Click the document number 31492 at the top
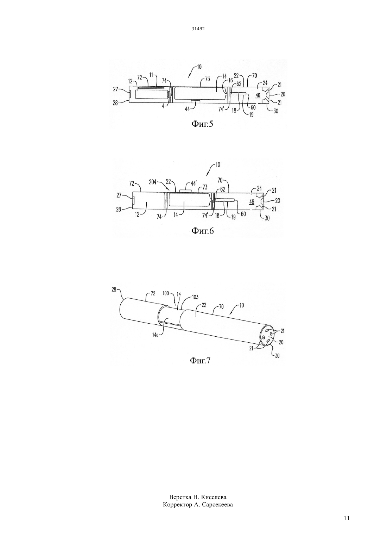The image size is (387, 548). [198, 29]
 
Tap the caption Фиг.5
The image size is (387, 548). [202, 124]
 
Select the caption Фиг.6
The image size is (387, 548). [202, 231]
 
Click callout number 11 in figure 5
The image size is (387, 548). [151, 76]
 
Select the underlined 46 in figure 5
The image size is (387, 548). [258, 95]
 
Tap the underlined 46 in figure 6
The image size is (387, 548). [252, 201]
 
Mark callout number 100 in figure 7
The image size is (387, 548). [166, 294]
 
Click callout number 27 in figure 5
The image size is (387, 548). [116, 90]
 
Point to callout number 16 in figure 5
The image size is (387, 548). [231, 80]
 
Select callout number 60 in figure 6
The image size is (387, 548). [243, 214]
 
